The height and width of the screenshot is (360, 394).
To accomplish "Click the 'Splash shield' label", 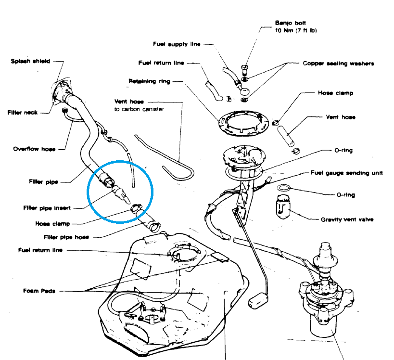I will point(30,61).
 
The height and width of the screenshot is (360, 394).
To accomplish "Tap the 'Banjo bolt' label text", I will point(288,23).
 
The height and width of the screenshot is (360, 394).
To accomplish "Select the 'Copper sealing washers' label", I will point(338,63).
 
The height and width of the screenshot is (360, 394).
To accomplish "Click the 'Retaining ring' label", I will point(149,81).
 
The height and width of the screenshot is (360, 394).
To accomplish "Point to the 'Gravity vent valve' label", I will point(347,219).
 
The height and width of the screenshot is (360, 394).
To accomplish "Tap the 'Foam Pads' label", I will point(39,291).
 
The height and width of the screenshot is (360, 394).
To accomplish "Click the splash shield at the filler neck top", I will point(61,89).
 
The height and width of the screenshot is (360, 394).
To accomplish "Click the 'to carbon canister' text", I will point(139,109).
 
